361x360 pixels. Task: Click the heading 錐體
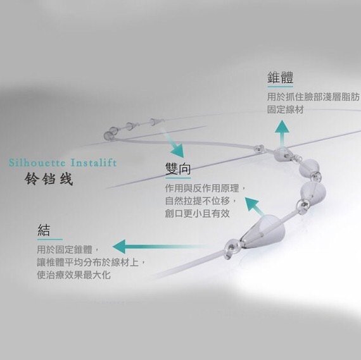[280, 78]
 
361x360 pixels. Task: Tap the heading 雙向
[178, 169]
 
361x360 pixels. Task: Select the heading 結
[44, 230]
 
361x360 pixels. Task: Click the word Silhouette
[37, 163]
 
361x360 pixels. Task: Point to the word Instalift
[94, 163]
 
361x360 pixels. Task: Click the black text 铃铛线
[49, 179]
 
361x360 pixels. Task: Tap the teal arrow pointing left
[159, 247]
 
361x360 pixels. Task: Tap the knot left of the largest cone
[231, 248]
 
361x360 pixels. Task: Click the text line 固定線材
[286, 109]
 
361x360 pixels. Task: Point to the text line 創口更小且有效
[198, 213]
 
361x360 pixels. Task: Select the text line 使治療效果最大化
[74, 275]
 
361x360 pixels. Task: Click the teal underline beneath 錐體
[280, 87]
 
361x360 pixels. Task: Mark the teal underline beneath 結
[50, 239]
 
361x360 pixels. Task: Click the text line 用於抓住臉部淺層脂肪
[313, 97]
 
